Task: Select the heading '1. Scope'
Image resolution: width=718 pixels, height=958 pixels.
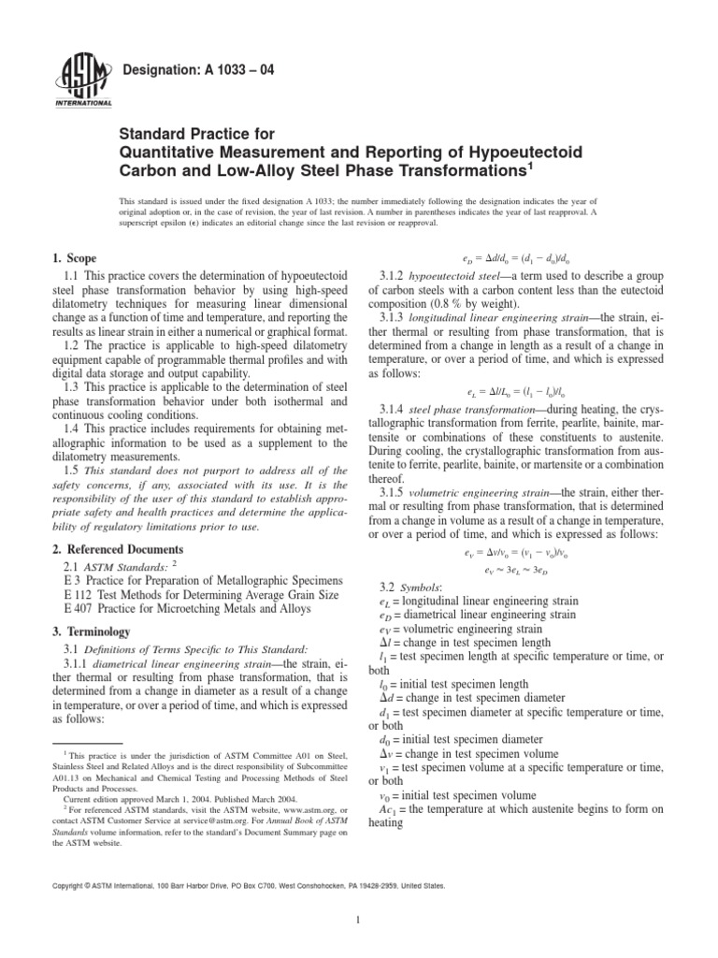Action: pyautogui.click(x=74, y=257)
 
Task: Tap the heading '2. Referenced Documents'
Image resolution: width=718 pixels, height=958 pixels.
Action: pyautogui.click(x=117, y=548)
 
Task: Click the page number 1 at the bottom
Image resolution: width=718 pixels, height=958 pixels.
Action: pyautogui.click(x=359, y=920)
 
